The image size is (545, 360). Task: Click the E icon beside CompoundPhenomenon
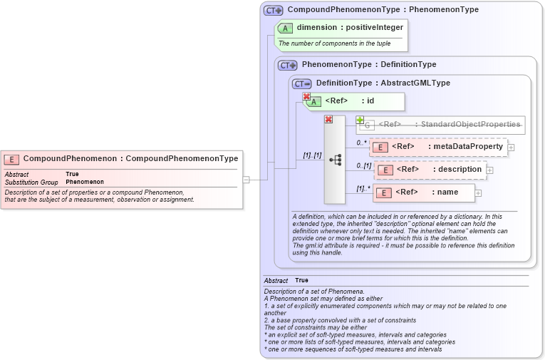[11, 158]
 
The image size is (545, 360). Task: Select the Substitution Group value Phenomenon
[85, 182]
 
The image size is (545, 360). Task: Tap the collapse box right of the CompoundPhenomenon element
[246, 180]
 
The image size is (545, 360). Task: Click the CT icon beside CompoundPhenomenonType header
[273, 11]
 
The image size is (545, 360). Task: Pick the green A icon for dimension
[285, 29]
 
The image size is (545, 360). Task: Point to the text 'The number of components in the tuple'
[334, 43]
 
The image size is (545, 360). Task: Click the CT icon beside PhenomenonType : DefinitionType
[288, 65]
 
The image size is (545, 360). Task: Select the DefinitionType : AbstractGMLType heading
[383, 83]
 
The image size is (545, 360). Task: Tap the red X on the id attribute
[306, 97]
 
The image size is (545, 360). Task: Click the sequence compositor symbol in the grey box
[335, 160]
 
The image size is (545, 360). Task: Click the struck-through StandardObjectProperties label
[450, 125]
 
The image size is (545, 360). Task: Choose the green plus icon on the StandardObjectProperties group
[360, 120]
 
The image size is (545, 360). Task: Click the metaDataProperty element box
[438, 147]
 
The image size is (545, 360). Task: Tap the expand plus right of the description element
[490, 170]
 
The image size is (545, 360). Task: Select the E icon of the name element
[383, 192]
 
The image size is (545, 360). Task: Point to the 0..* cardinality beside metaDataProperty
[361, 143]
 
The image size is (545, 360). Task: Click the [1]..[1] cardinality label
[312, 155]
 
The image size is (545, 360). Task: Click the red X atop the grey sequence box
[328, 119]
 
